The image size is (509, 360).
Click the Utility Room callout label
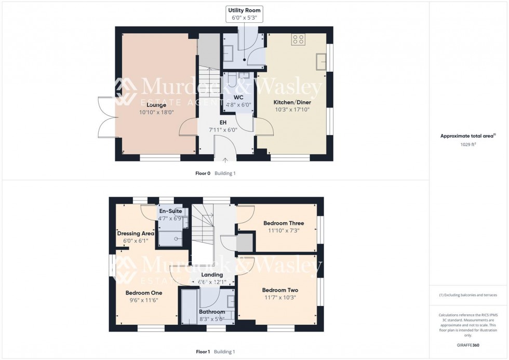[244, 10]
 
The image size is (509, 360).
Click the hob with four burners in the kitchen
[298, 39]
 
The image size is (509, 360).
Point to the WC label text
[238, 97]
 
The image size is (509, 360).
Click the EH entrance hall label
[223, 123]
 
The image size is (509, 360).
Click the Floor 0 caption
[202, 173]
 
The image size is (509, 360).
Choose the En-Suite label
[170, 211]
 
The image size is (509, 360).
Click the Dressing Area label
[136, 233]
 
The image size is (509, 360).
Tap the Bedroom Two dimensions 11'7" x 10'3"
[280, 297]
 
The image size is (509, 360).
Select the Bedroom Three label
[284, 223]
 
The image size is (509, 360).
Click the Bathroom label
[212, 312]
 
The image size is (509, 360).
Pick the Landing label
[211, 275]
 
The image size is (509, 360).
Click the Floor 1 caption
[203, 352]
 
